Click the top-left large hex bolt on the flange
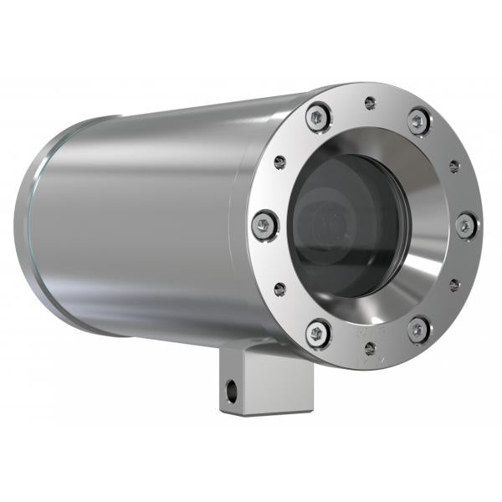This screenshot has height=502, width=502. [317, 118]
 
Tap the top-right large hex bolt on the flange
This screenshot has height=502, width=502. [419, 121]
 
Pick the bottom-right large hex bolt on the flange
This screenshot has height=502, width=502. [418, 329]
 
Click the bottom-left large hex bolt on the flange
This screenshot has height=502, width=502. [318, 333]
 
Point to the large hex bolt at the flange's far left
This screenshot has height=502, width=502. [264, 224]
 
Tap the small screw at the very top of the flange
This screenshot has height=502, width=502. [370, 103]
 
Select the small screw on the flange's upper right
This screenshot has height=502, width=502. [454, 166]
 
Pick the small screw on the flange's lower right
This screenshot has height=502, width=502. [454, 285]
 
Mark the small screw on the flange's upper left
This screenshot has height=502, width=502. [279, 162]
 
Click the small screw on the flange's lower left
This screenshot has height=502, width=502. [279, 289]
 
